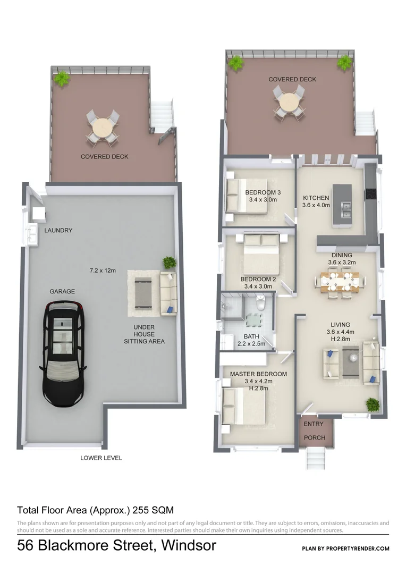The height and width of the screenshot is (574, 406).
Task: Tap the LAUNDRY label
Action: tap(58, 231)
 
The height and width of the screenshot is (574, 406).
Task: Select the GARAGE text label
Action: tap(62, 292)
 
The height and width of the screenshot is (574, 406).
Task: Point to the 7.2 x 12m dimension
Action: tap(103, 271)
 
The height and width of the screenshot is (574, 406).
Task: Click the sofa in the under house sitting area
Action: tap(168, 293)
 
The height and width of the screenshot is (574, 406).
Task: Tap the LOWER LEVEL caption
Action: tap(101, 458)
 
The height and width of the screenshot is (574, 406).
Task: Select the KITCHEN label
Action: tap(316, 198)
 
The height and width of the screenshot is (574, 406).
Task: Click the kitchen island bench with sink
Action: tap(342, 206)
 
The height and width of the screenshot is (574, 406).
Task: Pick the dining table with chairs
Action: tap(340, 281)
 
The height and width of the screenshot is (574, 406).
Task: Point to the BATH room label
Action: tap(251, 336)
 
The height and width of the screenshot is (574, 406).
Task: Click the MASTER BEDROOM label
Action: tap(258, 374)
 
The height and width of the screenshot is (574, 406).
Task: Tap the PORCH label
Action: tap(313, 438)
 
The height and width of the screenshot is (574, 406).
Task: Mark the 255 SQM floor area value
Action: tap(155, 510)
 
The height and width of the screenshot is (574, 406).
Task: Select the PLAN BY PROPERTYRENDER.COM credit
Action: tap(345, 548)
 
